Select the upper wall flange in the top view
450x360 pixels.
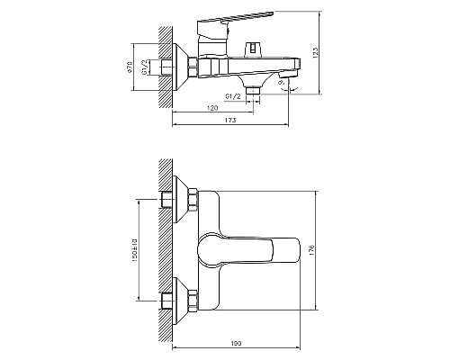coord(191,200)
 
